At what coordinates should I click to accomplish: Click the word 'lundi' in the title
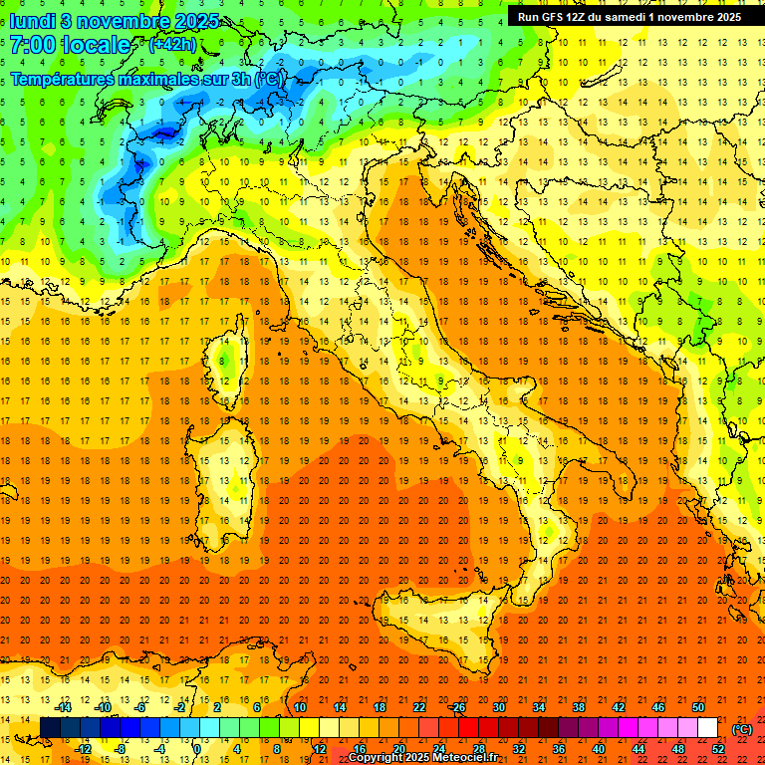32,21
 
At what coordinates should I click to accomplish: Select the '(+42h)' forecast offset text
172,45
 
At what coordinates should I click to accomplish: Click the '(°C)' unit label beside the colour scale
742,729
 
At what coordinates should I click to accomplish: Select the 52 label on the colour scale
718,748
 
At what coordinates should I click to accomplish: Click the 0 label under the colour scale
197,748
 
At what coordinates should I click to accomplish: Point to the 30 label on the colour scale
498,707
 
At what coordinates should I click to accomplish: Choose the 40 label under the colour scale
599,748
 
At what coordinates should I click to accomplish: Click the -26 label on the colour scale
457,707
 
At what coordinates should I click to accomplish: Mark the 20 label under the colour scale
398,748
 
